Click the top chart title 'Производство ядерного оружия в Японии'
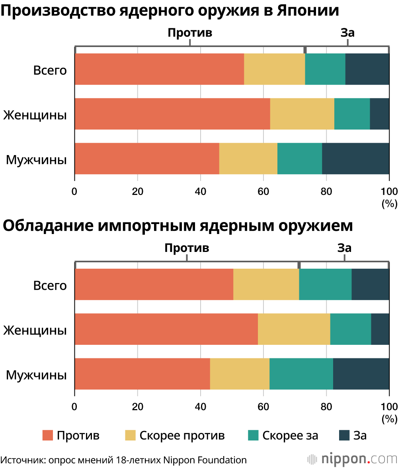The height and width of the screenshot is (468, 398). (170, 11)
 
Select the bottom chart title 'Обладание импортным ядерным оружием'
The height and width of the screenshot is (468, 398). (178, 226)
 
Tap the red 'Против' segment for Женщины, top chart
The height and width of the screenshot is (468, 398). (172, 114)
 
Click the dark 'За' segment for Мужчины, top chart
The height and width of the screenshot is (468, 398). (355, 158)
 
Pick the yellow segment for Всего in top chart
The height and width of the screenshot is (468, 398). (274, 69)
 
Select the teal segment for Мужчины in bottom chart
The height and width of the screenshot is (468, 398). (301, 374)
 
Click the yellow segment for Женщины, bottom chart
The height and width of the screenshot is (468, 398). (294, 329)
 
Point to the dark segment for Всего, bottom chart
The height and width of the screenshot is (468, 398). (370, 284)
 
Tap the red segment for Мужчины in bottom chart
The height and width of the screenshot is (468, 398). (142, 374)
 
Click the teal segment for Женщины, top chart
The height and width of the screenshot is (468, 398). (352, 114)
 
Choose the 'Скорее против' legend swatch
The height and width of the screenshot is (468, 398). (131, 435)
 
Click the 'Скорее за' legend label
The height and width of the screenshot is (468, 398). (290, 435)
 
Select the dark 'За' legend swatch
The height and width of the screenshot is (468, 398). (344, 435)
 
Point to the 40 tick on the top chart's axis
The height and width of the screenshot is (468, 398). (200, 190)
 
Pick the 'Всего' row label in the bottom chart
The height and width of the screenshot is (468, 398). (50, 285)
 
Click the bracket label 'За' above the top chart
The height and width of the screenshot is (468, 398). (347, 33)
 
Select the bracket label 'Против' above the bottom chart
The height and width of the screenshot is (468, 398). (187, 248)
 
